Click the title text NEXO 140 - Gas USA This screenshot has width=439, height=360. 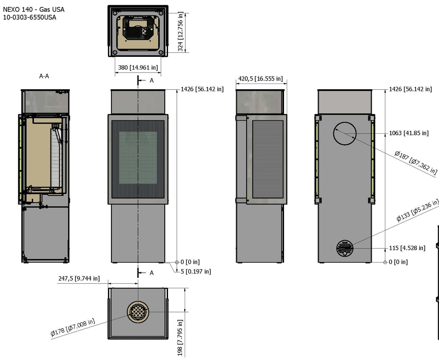point(33,9)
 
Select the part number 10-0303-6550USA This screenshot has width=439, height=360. point(29,17)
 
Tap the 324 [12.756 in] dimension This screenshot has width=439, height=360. point(180,32)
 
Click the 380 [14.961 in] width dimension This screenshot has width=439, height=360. point(138,67)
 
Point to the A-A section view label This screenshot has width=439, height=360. point(44,76)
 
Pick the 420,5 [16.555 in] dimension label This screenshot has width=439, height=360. point(260,79)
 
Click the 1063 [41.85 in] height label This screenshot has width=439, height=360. point(409,133)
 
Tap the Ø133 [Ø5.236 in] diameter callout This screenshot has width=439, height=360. point(417,210)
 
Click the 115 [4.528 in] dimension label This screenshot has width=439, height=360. point(407,248)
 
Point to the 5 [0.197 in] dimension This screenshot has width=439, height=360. point(196,271)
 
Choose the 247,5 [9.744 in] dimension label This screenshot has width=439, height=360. point(79,278)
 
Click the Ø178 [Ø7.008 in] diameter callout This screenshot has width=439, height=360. point(73,327)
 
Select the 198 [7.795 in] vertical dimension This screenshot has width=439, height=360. point(180,337)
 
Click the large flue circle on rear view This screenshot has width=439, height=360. point(345,134)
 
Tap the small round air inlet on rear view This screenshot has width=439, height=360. point(345,248)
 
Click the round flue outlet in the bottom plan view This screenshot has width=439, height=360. point(138,312)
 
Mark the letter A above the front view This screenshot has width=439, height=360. point(152,81)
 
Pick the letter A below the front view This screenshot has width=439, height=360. point(152,273)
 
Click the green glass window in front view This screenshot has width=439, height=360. point(138,158)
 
